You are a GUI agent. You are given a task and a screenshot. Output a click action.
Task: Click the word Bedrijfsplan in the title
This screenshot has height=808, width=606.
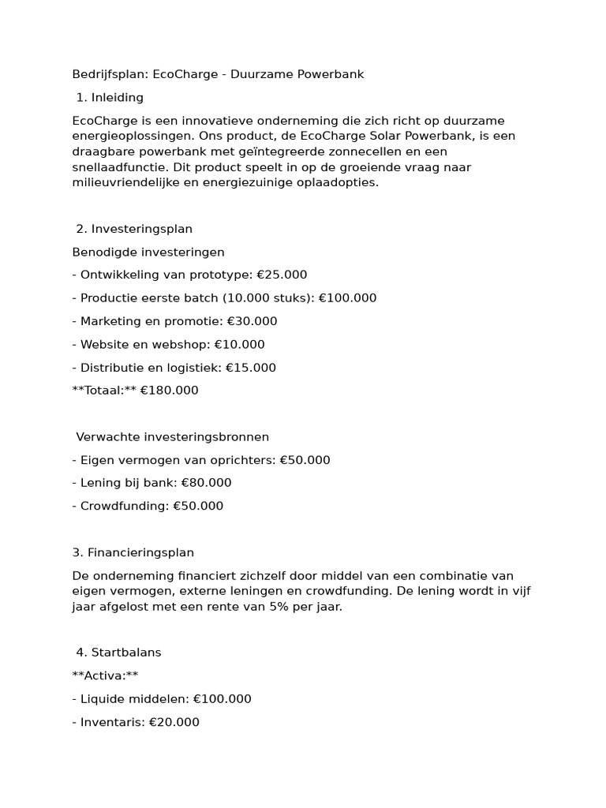tap(109, 74)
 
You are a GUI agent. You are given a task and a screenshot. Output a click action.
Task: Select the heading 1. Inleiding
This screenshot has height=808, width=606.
tap(110, 98)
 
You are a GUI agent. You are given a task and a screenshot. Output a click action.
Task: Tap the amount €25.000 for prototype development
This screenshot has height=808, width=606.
tap(282, 275)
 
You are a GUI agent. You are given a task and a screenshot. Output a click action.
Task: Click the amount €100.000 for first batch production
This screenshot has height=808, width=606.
tap(347, 298)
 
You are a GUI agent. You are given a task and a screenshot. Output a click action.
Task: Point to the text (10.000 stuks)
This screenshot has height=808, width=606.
tap(267, 298)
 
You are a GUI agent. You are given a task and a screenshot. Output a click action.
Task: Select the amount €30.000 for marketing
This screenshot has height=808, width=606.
tap(252, 321)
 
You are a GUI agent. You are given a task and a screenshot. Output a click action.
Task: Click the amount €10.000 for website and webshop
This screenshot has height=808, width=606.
tap(239, 345)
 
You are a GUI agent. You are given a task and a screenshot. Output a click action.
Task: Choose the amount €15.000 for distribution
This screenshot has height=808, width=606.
tap(250, 368)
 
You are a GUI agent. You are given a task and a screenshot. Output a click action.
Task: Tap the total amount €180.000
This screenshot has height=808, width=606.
tap(169, 391)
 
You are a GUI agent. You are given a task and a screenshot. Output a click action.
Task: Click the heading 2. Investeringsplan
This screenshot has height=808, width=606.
tap(134, 229)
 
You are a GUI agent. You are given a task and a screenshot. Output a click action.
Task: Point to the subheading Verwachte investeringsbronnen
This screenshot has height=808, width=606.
tap(172, 437)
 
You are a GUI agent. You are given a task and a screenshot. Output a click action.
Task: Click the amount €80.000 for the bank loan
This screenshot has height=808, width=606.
tap(206, 483)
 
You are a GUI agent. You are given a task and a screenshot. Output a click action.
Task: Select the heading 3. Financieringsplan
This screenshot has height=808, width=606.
tap(133, 553)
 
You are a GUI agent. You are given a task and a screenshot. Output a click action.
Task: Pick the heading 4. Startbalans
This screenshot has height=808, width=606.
tap(118, 653)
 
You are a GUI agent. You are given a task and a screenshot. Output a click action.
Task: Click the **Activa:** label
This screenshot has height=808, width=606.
tap(105, 675)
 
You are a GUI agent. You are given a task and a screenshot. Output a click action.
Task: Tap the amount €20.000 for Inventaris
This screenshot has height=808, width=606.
tap(174, 723)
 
